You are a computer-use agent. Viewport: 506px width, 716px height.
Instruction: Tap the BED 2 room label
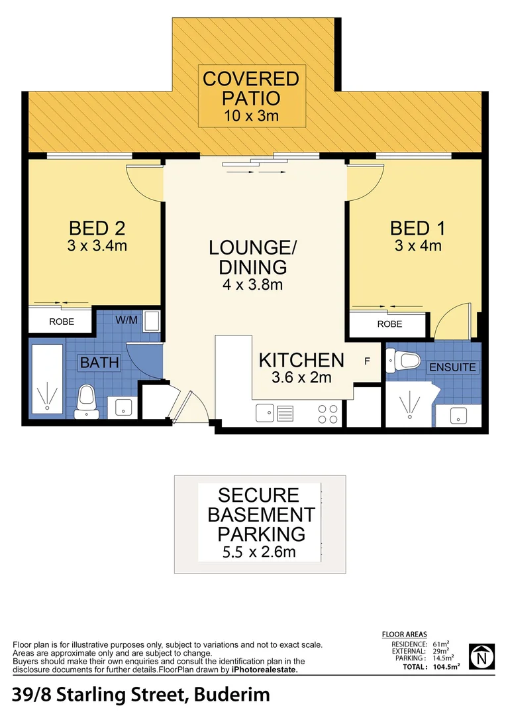pos(98,229)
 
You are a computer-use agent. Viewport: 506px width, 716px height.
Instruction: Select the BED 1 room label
pos(417,229)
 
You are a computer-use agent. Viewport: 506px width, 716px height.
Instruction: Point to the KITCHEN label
pos(301,361)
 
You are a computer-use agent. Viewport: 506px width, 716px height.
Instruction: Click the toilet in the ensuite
pos(406,361)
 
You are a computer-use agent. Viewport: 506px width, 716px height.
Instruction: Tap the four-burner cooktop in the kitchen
pos(327,414)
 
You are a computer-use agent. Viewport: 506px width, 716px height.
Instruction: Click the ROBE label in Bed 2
pos(61,322)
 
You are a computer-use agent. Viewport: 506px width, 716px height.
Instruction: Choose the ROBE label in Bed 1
pos(389,324)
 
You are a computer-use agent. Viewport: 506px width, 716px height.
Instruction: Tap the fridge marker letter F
pos(367,362)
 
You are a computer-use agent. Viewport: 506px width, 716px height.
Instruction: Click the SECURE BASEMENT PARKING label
pos(258,514)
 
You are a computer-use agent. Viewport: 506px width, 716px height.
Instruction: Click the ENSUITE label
pos(452,367)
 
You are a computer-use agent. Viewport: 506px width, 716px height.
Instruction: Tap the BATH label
pos(100,363)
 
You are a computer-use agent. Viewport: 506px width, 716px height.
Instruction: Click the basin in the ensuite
pos(458,416)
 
